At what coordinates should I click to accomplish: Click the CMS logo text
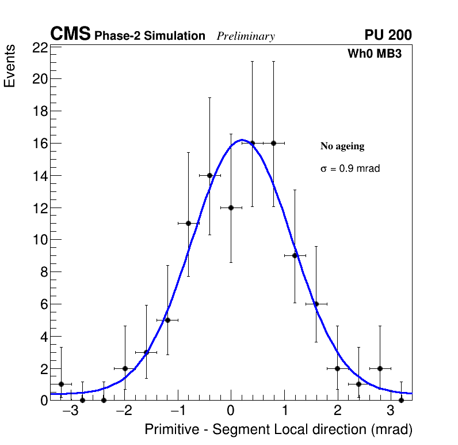pyautogui.click(x=70, y=35)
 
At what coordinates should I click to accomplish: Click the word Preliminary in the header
pyautogui.click(x=246, y=36)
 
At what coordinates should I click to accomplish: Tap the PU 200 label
pyautogui.click(x=388, y=35)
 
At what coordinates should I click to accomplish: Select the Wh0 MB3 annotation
pyautogui.click(x=374, y=54)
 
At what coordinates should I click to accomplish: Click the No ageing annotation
pyautogui.click(x=342, y=146)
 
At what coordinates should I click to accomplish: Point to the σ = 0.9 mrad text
pyautogui.click(x=350, y=169)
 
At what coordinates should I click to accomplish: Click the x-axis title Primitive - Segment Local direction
pyautogui.click(x=278, y=429)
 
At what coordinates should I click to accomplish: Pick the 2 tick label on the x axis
pyautogui.click(x=337, y=412)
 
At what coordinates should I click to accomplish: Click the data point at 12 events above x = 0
pyautogui.click(x=231, y=208)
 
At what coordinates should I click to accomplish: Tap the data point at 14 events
pyautogui.click(x=209, y=175)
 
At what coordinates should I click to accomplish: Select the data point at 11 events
pyautogui.click(x=188, y=223)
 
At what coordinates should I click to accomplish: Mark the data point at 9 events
pyautogui.click(x=295, y=255)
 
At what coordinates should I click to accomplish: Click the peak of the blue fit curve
pyautogui.click(x=242, y=139)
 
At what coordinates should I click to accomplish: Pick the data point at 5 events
pyautogui.click(x=167, y=320)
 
